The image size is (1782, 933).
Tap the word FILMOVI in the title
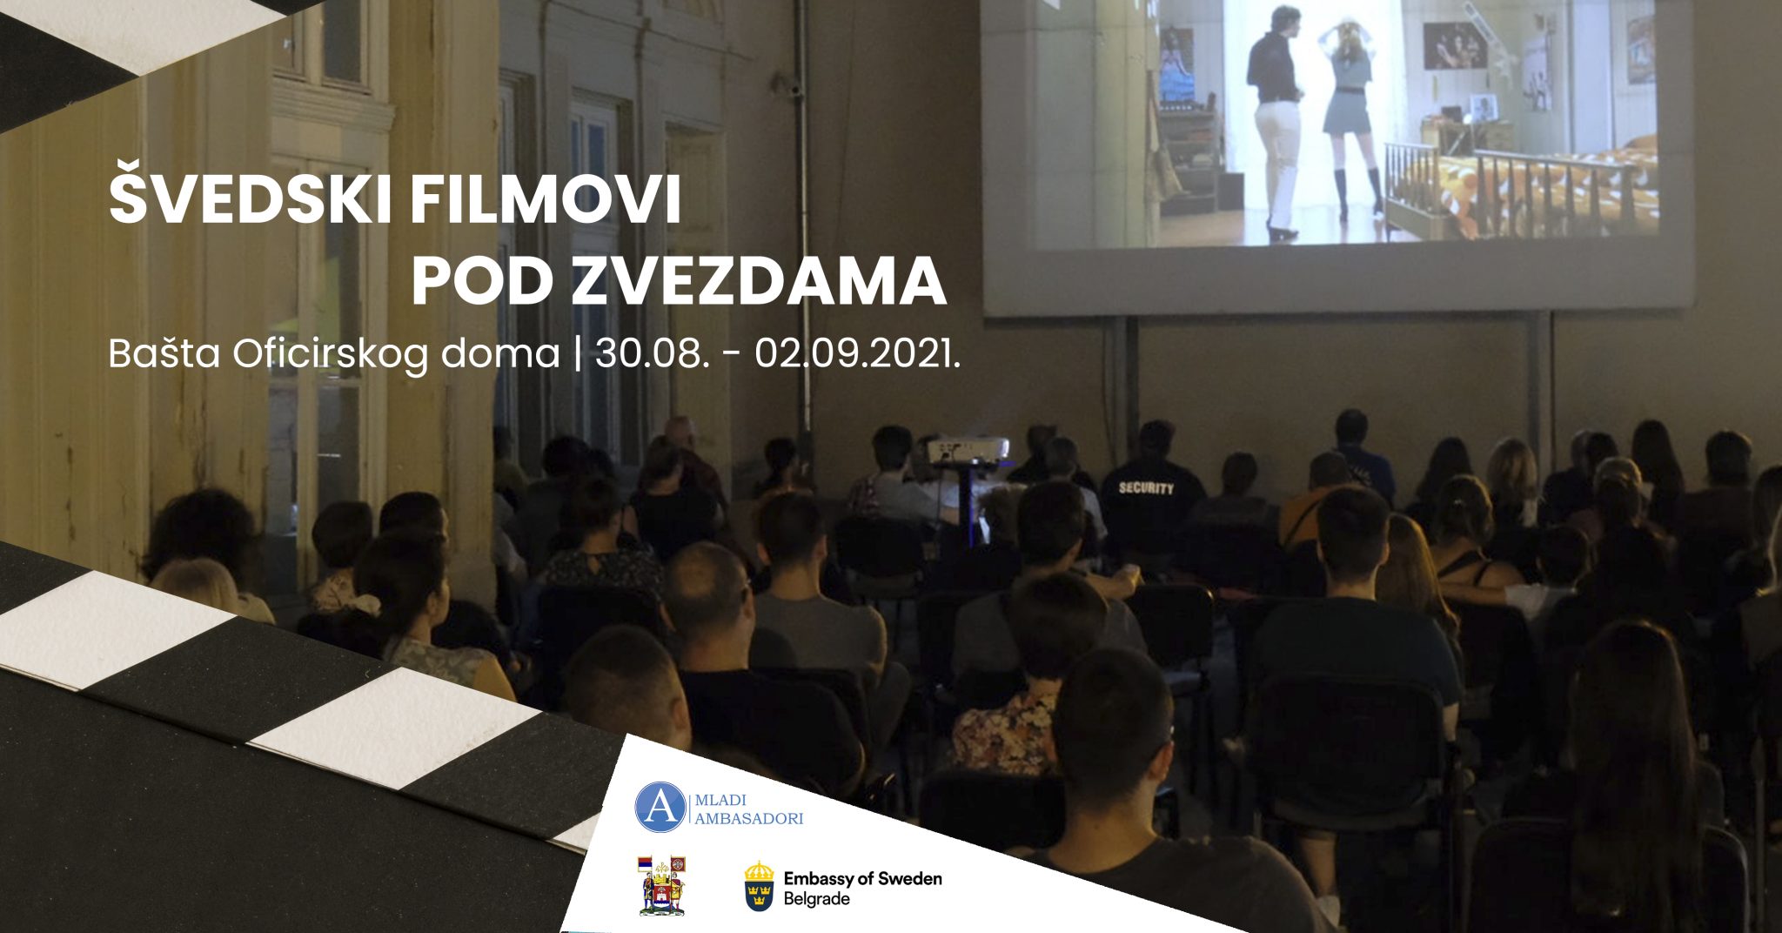[x=546, y=200]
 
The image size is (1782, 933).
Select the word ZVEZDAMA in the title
[x=759, y=281]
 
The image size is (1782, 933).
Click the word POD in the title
[x=483, y=281]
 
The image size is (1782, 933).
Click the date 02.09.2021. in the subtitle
[x=858, y=354]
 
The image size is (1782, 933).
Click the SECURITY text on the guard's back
[x=1146, y=488]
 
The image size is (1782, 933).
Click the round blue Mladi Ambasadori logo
[x=660, y=807]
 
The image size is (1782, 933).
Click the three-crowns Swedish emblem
[x=759, y=886]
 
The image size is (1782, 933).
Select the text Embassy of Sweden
[x=862, y=878]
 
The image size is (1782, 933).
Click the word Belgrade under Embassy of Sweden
[x=816, y=899]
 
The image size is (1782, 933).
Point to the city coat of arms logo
[x=662, y=884]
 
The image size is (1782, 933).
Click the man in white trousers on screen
[x=1275, y=122]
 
